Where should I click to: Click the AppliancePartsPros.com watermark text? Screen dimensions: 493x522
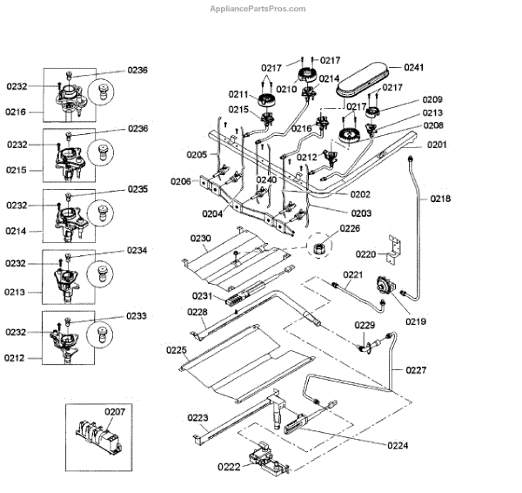(x=259, y=9)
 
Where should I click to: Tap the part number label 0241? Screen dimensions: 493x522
(x=413, y=67)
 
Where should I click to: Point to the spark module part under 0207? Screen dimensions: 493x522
(x=97, y=433)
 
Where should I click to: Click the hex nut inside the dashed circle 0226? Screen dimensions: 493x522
(x=319, y=248)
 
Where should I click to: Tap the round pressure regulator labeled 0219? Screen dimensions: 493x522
(x=382, y=287)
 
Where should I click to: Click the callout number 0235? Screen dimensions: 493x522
(x=137, y=189)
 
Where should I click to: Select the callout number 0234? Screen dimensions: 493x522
(x=137, y=250)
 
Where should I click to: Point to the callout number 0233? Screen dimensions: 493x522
(x=137, y=316)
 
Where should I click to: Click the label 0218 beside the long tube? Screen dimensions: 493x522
(x=440, y=199)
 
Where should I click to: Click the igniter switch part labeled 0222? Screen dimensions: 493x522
(x=261, y=459)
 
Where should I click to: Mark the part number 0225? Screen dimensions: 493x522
(x=177, y=350)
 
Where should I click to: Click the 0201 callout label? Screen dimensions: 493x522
(x=436, y=145)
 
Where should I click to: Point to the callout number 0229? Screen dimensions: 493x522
(x=365, y=325)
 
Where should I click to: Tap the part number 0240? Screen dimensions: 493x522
(x=266, y=179)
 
